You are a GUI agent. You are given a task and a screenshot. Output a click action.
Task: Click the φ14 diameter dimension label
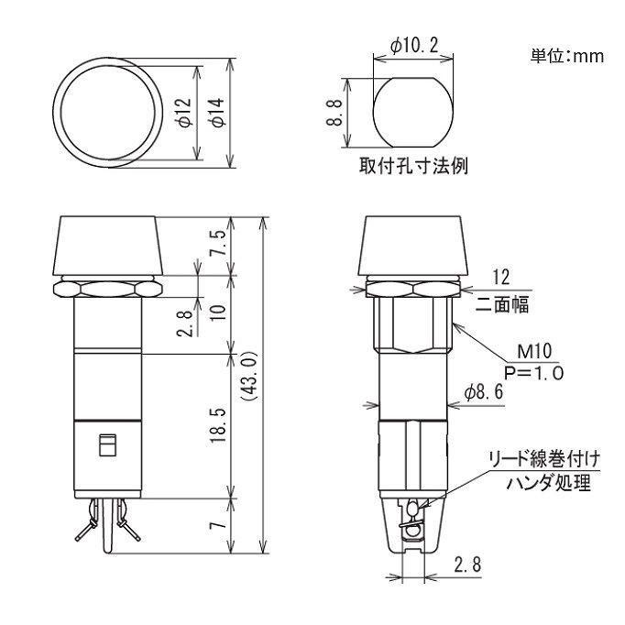pos(217,111)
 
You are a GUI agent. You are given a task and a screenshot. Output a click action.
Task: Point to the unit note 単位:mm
pos(567,56)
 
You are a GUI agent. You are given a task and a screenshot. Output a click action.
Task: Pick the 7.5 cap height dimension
pos(217,246)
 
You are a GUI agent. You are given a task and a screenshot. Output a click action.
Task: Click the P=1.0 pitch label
pos(533,372)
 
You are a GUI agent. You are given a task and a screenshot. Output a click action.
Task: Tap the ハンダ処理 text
pos(545,482)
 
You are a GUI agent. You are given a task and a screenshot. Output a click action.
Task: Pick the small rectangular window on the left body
pos(105,446)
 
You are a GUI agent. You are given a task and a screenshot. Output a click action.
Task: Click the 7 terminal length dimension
pos(217,526)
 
